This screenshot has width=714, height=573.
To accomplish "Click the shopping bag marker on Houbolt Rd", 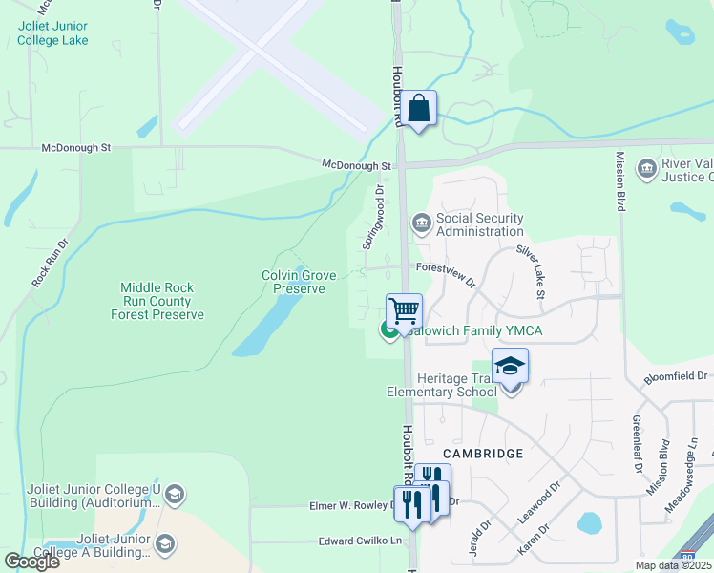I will pyautogui.click(x=418, y=108).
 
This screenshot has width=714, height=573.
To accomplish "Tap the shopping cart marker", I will pyautogui.click(x=404, y=310).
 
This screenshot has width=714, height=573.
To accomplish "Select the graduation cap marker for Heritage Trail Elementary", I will pyautogui.click(x=510, y=366).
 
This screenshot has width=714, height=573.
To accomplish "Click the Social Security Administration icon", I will pyautogui.click(x=420, y=223).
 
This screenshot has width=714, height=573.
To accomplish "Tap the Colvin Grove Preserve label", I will pyautogui.click(x=299, y=282).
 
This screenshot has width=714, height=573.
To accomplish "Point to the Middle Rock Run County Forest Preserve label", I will pyautogui.click(x=162, y=301).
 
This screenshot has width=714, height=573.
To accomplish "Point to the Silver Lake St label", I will pyautogui.click(x=530, y=269).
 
